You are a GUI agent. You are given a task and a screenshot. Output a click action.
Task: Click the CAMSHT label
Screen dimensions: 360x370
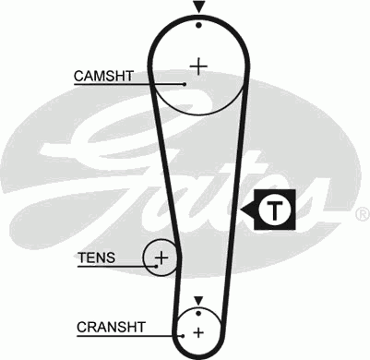tap(97, 75)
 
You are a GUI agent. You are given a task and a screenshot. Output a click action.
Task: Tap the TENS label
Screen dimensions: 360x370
tap(97, 258)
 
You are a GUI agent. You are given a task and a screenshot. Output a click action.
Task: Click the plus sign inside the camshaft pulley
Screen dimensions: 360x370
tap(198, 66)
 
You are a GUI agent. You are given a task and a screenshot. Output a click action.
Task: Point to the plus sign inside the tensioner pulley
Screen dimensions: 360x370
tap(162, 257)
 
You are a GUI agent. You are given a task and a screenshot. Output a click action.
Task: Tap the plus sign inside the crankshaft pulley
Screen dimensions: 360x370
tap(198, 332)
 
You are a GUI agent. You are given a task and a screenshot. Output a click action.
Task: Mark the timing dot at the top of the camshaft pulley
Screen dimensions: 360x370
tap(198, 25)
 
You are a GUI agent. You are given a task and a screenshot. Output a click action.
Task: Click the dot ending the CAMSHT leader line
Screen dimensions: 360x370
tap(185, 84)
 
